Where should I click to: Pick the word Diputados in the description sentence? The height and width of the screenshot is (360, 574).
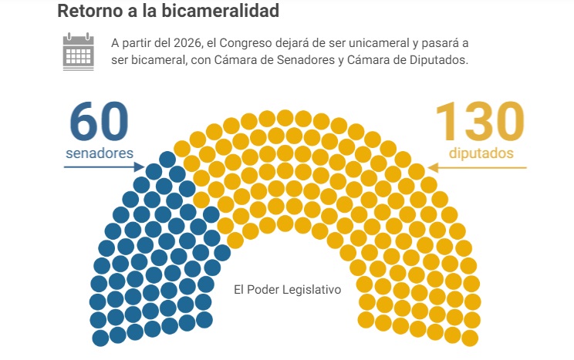437,61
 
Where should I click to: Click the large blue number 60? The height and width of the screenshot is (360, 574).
99,119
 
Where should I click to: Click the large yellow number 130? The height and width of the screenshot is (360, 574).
479,119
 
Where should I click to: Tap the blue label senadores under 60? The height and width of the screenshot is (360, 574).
100,153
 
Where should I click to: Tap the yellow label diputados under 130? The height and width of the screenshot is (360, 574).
481,153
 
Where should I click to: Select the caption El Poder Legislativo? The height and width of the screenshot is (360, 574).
287,290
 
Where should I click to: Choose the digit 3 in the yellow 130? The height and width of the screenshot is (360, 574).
480,119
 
